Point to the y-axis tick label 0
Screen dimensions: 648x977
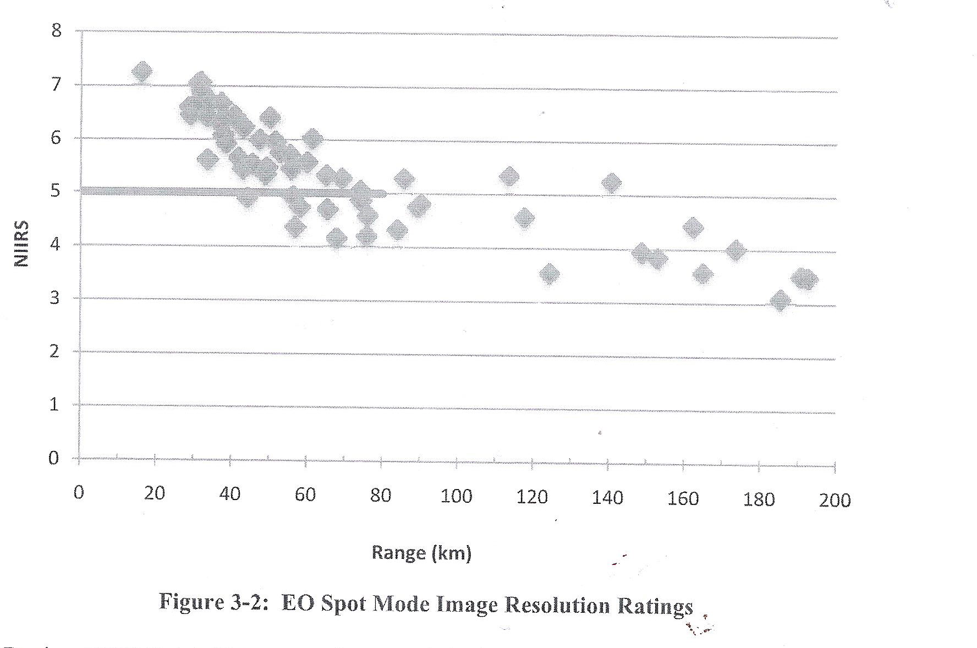pyautogui.click(x=53, y=458)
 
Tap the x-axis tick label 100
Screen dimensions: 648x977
pyautogui.click(x=457, y=496)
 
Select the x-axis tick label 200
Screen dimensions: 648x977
pyautogui.click(x=835, y=500)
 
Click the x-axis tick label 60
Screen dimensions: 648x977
pyautogui.click(x=305, y=495)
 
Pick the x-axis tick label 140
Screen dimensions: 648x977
pyautogui.click(x=608, y=498)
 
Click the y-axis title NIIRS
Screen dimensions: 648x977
pyautogui.click(x=21, y=243)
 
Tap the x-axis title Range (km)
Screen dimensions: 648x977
pyautogui.click(x=422, y=552)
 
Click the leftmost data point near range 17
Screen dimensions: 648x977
pyautogui.click(x=142, y=72)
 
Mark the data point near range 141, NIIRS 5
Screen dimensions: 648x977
pyautogui.click(x=611, y=183)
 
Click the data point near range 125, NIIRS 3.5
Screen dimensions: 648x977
pyautogui.click(x=550, y=273)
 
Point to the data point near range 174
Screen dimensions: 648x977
pyautogui.click(x=736, y=251)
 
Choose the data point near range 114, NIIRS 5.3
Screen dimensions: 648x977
pyautogui.click(x=509, y=177)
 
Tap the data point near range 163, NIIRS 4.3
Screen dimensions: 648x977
pyautogui.click(x=693, y=227)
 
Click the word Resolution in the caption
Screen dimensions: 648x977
pyautogui.click(x=558, y=605)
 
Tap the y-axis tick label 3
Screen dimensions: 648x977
pyautogui.click(x=55, y=298)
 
